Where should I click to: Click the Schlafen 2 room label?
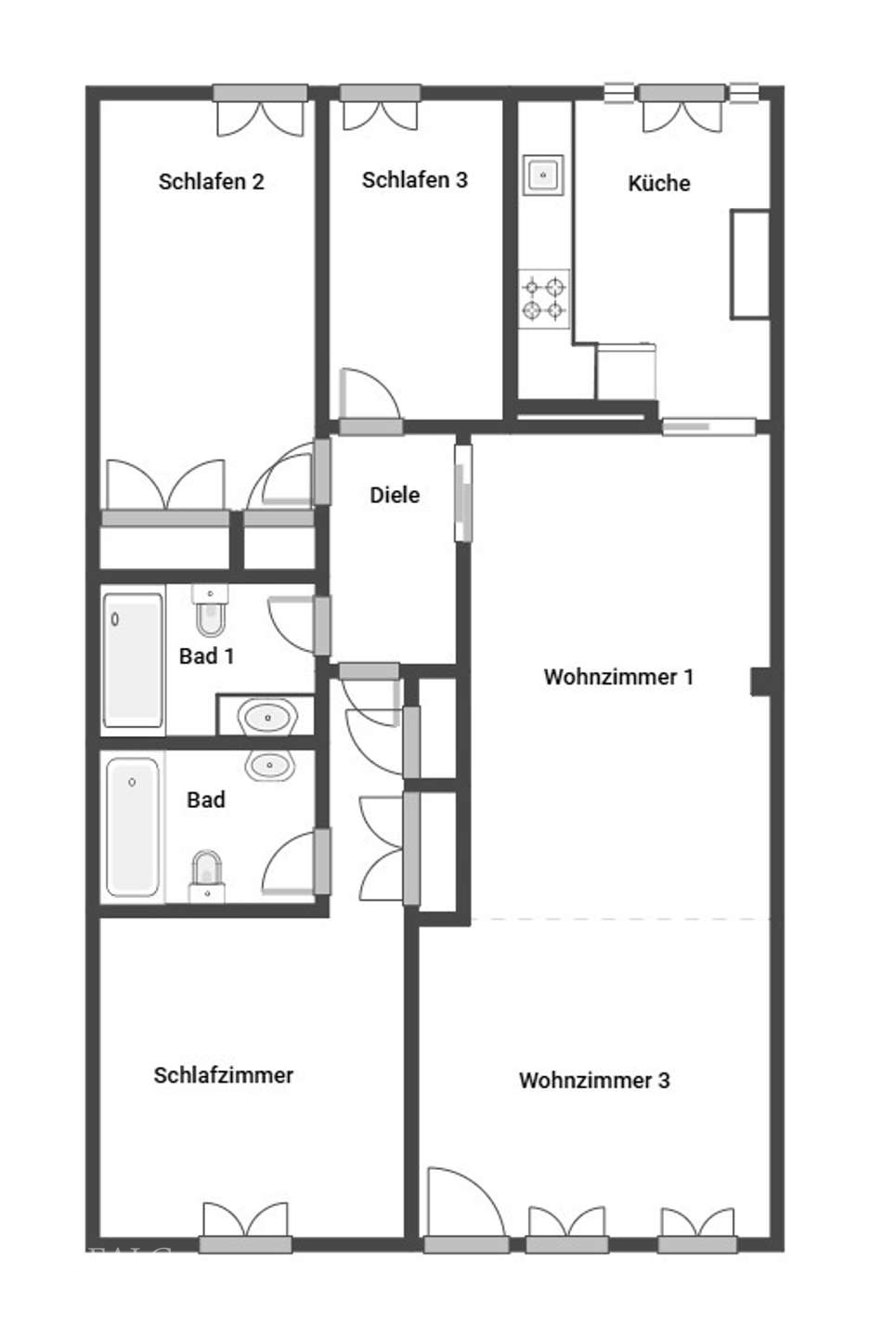tap(212, 181)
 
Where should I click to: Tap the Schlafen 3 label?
tap(415, 180)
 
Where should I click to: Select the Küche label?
tap(659, 183)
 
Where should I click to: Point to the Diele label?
tap(395, 495)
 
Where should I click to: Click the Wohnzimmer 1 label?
tap(618, 677)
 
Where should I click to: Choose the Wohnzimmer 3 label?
tap(594, 1080)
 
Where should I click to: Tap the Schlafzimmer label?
tap(223, 1075)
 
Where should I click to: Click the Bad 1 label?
tap(206, 656)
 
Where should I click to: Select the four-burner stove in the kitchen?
tap(543, 298)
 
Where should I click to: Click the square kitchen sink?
tap(543, 175)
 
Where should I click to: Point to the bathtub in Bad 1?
tap(133, 659)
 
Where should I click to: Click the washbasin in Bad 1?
tap(267, 717)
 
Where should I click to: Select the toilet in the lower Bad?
tap(206, 876)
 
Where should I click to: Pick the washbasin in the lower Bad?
tap(270, 765)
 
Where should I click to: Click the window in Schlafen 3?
tap(381, 94)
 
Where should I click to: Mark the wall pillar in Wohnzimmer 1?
tap(761, 681)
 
